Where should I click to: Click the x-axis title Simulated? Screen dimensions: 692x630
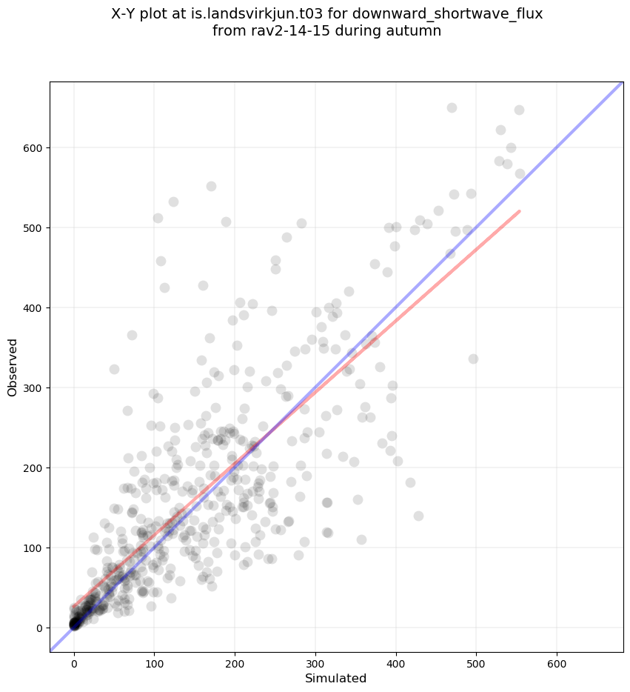pos(336,678)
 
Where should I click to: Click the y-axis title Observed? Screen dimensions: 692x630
pos(13,367)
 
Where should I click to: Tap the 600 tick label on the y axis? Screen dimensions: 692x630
pos(32,148)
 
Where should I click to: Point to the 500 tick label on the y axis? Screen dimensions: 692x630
pos(32,228)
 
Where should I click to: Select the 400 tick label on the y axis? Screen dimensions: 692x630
pos(32,308)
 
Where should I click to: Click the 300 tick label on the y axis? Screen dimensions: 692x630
pos(32,388)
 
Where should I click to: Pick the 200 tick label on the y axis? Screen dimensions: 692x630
pos(32,468)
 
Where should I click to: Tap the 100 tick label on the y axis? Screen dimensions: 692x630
pos(32,548)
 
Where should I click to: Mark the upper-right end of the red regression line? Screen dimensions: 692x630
pos(520,211)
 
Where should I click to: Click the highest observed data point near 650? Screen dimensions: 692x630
pos(452,107)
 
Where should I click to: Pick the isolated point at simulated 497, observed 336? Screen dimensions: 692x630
pos(473,359)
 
